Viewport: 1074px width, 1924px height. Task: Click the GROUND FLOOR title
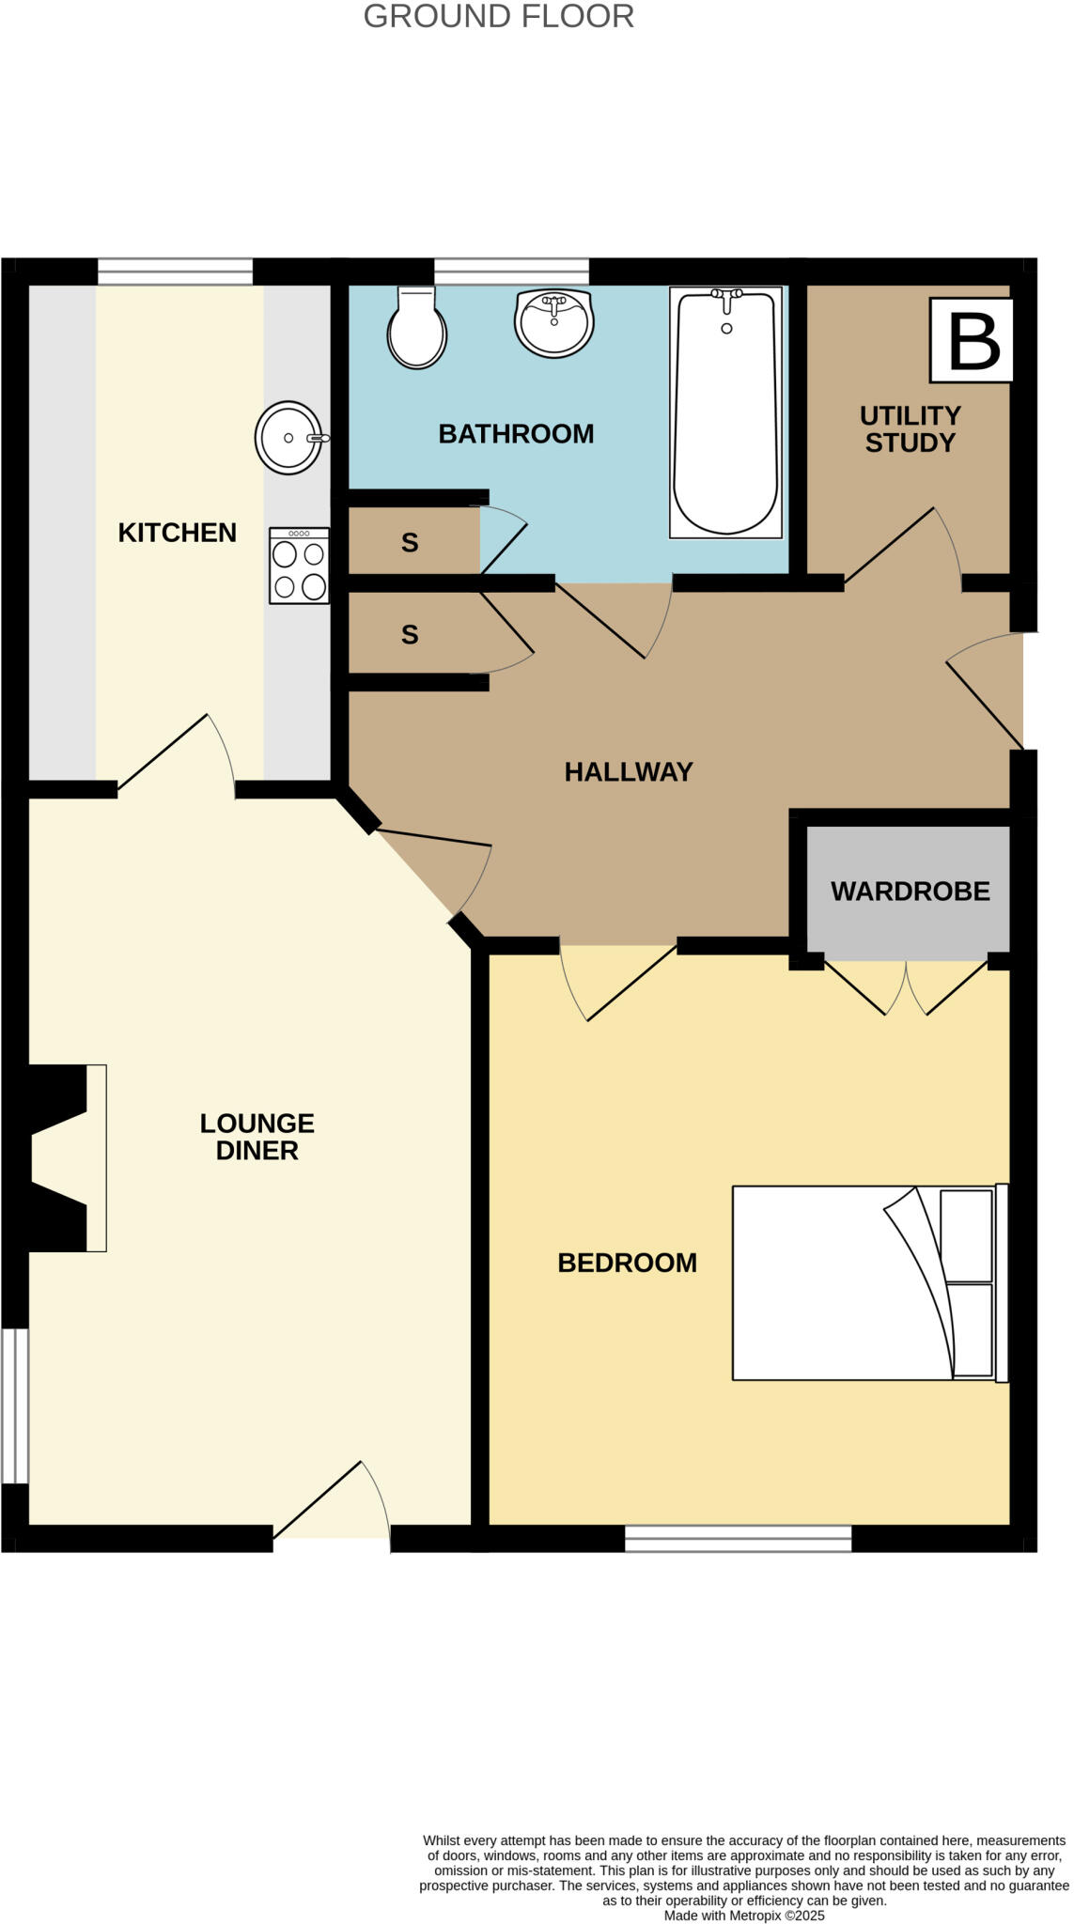(498, 17)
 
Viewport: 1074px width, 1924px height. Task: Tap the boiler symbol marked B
(972, 340)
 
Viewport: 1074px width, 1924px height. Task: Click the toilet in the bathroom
(416, 329)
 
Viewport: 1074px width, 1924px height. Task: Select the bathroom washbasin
(554, 323)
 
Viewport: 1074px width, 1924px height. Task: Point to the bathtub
(725, 413)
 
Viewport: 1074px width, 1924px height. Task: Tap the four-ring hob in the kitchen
(299, 566)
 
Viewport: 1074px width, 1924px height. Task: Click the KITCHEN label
(177, 533)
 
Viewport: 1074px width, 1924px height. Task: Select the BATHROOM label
(516, 434)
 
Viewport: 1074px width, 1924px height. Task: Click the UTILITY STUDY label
(910, 429)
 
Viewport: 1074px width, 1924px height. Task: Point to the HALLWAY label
(629, 772)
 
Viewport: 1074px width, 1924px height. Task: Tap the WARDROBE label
(910, 892)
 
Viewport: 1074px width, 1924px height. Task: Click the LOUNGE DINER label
(257, 1137)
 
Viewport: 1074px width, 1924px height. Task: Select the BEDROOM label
(627, 1263)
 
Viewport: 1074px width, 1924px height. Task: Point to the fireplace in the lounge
(66, 1157)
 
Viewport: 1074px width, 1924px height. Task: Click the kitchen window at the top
(176, 272)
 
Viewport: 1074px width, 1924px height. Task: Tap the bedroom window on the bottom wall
(738, 1538)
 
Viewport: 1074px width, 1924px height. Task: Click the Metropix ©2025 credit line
(743, 1916)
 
